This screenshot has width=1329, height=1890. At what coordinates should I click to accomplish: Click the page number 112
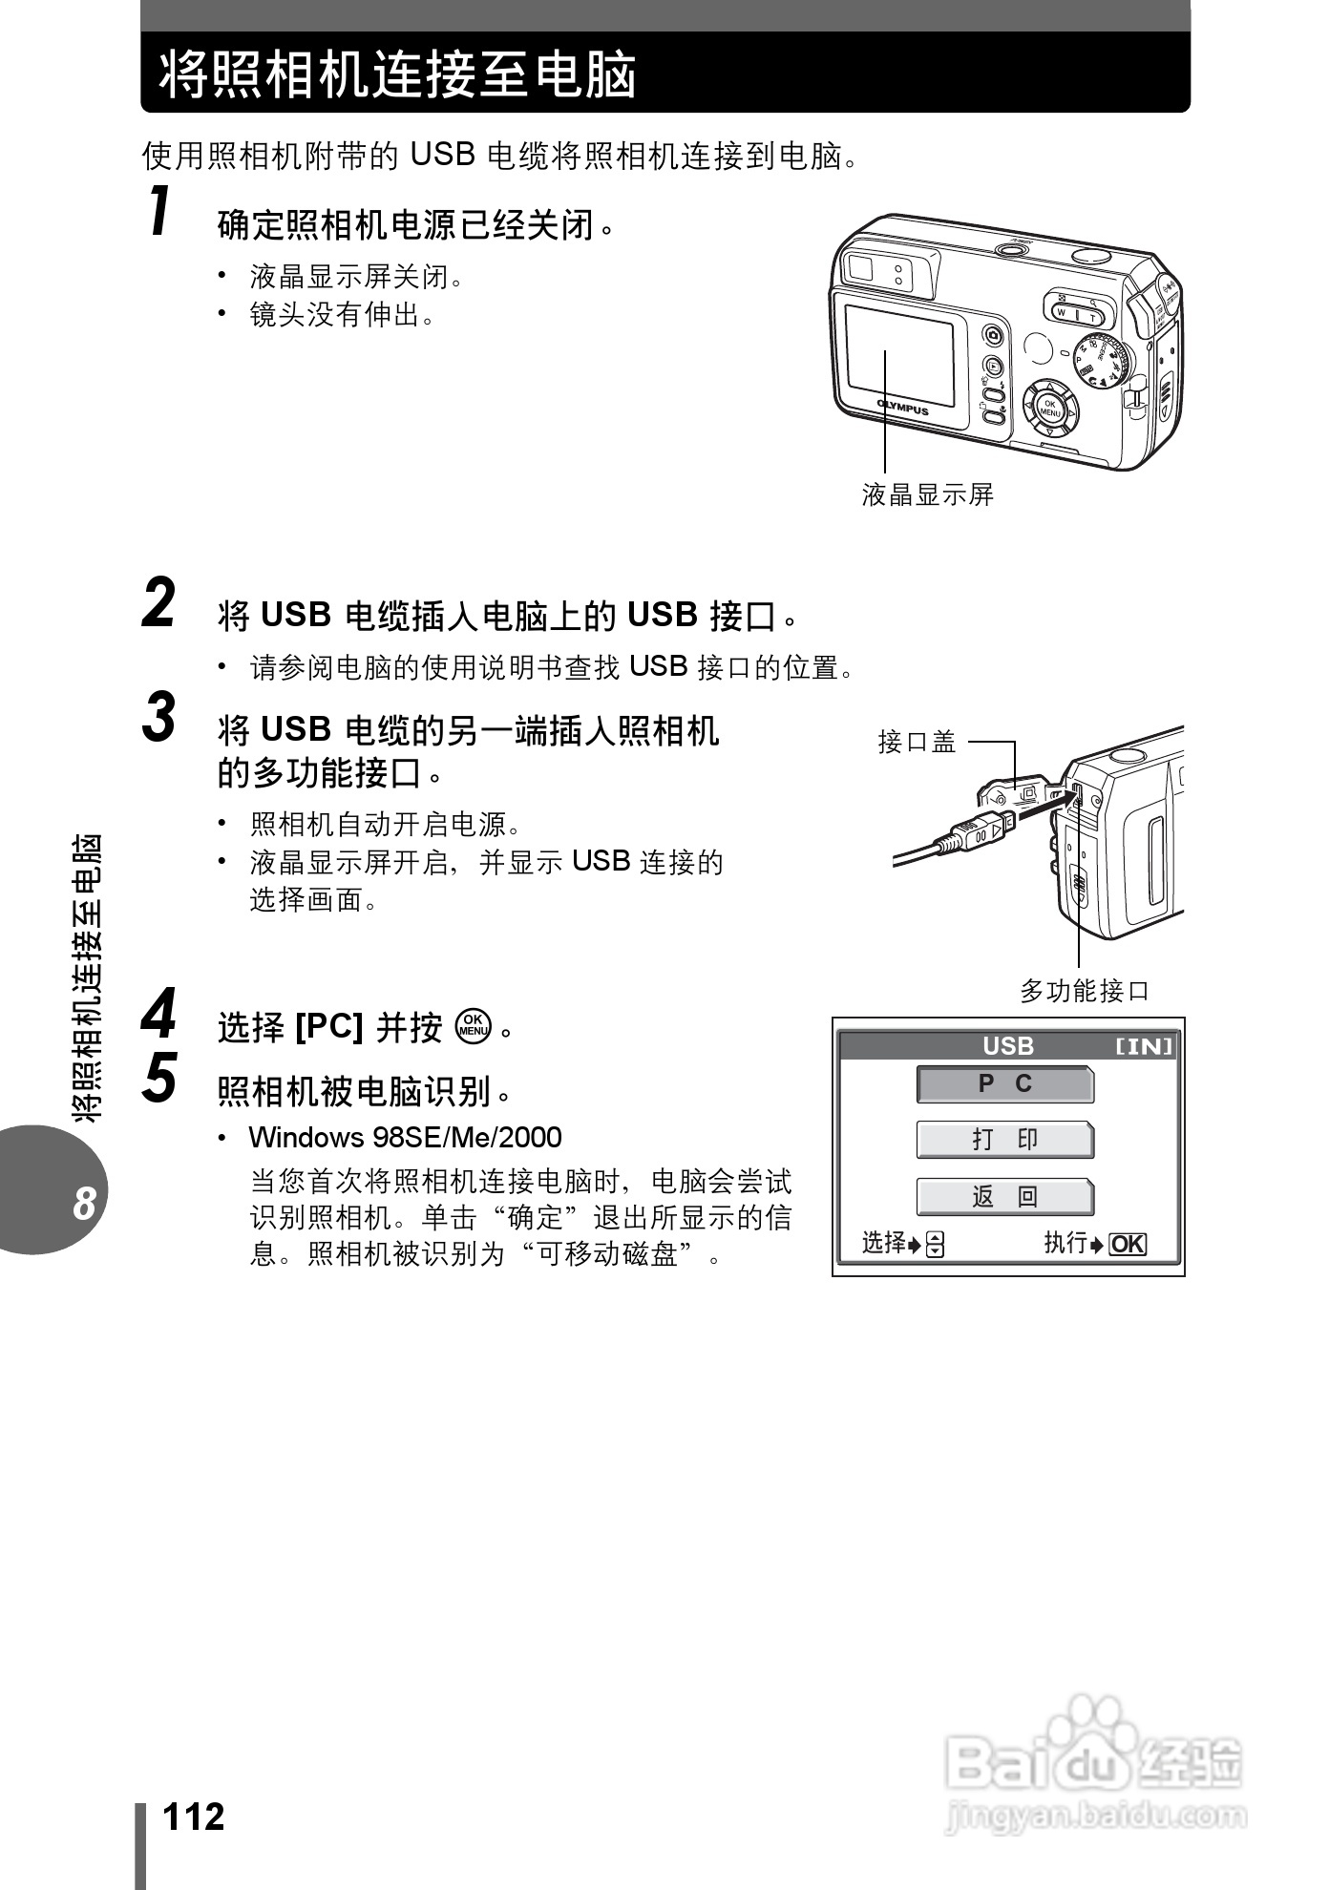point(194,1816)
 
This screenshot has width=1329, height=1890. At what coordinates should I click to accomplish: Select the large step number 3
point(159,718)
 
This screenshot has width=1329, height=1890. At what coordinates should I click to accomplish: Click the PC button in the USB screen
point(1005,1084)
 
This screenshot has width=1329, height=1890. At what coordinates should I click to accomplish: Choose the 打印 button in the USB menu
point(1005,1140)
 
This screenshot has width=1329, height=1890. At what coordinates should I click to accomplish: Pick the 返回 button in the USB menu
point(1005,1196)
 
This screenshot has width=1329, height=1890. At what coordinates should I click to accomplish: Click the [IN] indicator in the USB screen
point(1144,1046)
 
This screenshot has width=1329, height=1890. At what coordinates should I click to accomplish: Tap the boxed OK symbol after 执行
point(1128,1244)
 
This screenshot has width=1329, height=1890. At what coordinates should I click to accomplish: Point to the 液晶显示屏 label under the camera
point(927,494)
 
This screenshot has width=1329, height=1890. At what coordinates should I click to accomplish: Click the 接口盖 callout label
point(917,742)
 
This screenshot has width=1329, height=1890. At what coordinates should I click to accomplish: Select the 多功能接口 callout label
point(1085,991)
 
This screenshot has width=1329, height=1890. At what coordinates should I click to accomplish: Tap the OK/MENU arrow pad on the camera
point(1050,409)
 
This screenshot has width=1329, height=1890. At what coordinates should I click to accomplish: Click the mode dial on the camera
point(1104,361)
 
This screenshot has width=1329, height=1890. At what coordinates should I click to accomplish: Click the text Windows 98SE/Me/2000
point(405,1138)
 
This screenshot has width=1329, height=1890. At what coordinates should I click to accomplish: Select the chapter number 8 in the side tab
point(84,1204)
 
